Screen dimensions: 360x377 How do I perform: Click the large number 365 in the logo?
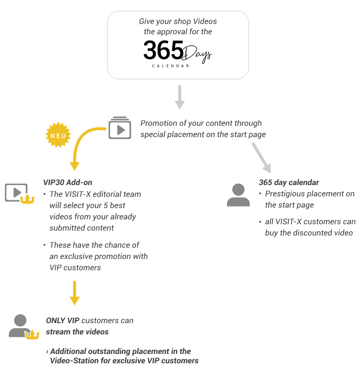[163, 50]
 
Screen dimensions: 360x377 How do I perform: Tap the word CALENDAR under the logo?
[171, 66]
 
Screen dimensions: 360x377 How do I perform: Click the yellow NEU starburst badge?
[58, 135]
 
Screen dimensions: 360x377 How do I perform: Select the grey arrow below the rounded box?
[180, 97]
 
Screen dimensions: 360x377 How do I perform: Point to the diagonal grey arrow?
[262, 158]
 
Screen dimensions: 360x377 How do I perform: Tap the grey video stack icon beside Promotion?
[120, 128]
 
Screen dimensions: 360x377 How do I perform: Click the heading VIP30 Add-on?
[67, 183]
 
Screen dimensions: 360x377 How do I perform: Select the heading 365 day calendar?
[289, 183]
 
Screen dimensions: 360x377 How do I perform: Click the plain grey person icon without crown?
[238, 195]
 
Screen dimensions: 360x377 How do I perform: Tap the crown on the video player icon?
[27, 199]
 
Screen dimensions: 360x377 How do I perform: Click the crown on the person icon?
[32, 335]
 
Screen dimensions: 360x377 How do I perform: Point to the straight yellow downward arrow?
[74, 293]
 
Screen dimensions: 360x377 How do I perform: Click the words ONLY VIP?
[63, 321]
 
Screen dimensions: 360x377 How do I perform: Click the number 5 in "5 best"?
[106, 206]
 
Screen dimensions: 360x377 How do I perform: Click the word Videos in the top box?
[205, 22]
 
